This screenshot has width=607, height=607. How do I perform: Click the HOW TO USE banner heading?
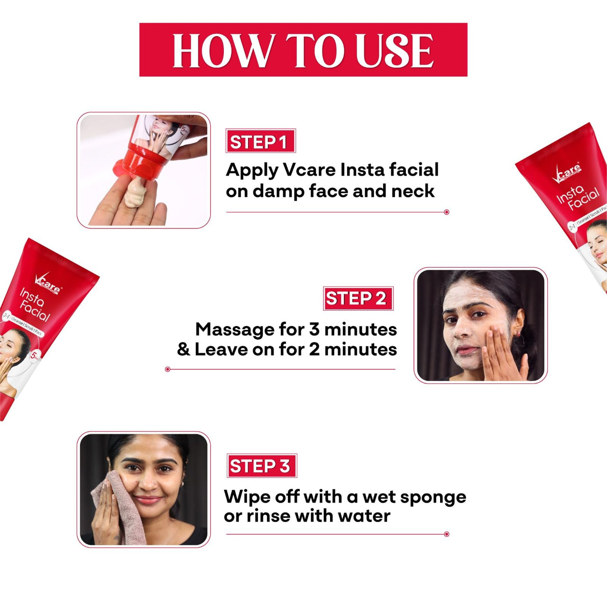coord(303,50)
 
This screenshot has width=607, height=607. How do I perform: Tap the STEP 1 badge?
coord(260,141)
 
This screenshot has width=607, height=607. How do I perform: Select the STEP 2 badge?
coord(358,299)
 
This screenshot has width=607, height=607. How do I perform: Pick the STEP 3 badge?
coord(261,466)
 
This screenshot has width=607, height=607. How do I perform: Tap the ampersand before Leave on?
coord(184,349)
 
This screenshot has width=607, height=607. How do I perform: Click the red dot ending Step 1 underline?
coord(446,212)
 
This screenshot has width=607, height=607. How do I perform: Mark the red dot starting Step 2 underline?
coord(167,369)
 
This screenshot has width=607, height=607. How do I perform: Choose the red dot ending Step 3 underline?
coord(446,534)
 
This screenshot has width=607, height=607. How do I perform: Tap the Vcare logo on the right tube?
coord(567,172)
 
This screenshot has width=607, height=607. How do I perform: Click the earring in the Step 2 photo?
coord(518,334)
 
